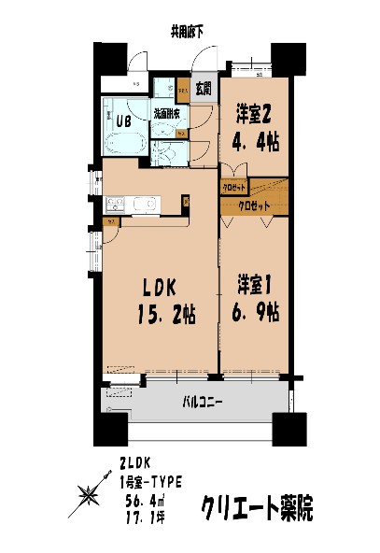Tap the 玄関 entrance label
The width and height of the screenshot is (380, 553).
click(x=204, y=90)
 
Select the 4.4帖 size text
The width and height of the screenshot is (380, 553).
click(x=254, y=143)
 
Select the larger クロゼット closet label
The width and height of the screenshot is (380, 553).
click(x=253, y=205)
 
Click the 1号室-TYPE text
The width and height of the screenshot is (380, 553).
click(x=151, y=480)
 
